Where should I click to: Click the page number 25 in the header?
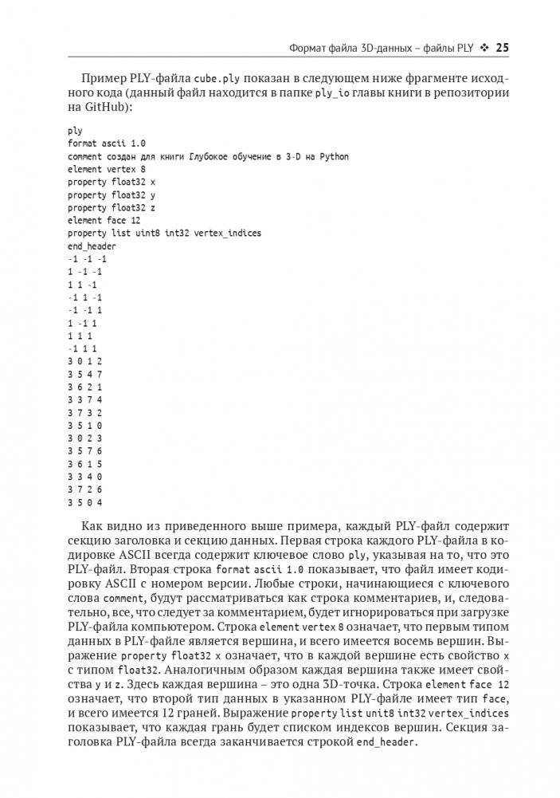pyautogui.click(x=502, y=48)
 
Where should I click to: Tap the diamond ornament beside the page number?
pyautogui.click(x=484, y=48)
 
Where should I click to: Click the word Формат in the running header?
pyautogui.click(x=309, y=49)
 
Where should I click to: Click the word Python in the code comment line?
pyautogui.click(x=335, y=156)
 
